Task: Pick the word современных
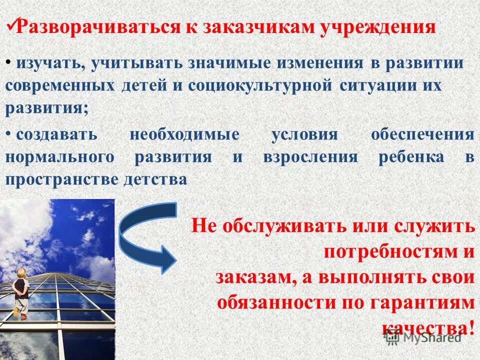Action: (x=60, y=85)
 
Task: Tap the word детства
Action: (x=155, y=179)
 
